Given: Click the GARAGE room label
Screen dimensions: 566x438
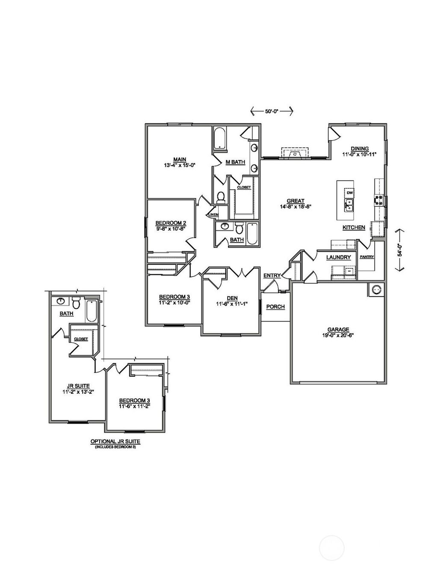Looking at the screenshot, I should (338, 330).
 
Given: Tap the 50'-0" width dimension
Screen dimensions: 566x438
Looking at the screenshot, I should (271, 111).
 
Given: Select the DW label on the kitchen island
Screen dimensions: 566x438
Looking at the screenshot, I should (349, 193).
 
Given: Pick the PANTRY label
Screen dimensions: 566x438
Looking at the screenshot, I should (367, 257).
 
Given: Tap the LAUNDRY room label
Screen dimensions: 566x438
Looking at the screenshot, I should (338, 258).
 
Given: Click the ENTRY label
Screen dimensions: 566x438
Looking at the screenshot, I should (272, 276).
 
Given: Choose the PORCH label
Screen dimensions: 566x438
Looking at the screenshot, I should (275, 307).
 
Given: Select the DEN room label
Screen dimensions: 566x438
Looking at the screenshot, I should (232, 298).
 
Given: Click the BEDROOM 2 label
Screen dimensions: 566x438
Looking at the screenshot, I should (170, 223).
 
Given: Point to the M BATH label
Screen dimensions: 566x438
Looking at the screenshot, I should (235, 162).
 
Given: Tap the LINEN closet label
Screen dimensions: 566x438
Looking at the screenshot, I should (213, 214).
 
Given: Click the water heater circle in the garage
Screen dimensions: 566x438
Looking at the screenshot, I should (377, 290).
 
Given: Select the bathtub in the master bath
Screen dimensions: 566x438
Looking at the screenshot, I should (220, 138).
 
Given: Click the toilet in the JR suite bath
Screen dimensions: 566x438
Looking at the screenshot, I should (76, 303).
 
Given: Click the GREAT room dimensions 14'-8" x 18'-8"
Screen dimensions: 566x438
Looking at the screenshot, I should (295, 206).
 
